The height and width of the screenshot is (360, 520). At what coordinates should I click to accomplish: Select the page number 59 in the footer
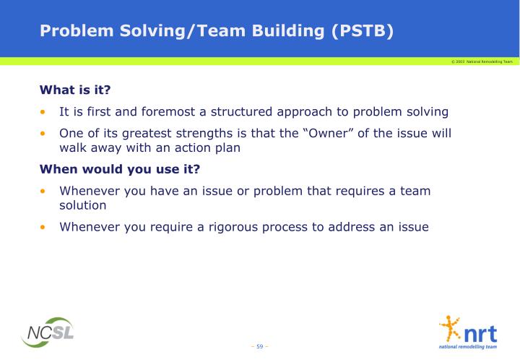click(x=260, y=346)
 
